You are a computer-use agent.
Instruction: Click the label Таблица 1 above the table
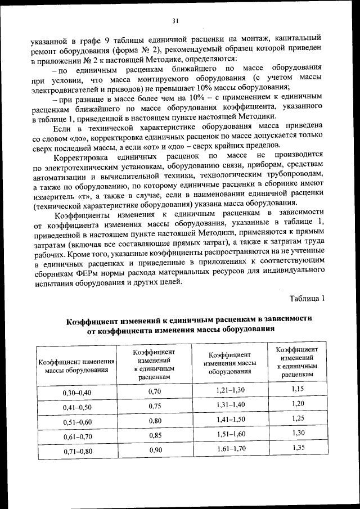point(307,298)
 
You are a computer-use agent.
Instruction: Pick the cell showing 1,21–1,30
point(230,390)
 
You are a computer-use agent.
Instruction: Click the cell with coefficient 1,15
point(298,389)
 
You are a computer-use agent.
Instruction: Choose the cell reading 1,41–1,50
point(230,420)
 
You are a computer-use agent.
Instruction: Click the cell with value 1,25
point(298,419)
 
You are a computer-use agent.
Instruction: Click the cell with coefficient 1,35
point(298,448)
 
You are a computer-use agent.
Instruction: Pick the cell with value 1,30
point(298,434)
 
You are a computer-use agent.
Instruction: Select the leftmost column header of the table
point(76,366)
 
